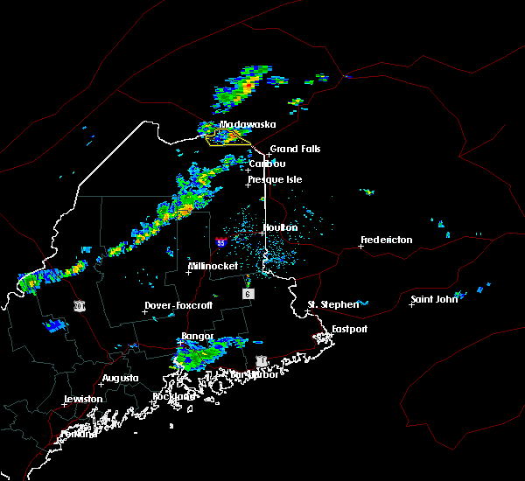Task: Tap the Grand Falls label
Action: click(295, 149)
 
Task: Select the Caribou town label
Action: click(267, 164)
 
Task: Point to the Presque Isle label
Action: click(278, 179)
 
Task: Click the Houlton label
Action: click(281, 227)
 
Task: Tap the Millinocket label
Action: click(213, 266)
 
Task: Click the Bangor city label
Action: click(197, 337)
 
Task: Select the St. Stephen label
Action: click(333, 304)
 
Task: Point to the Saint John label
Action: click(436, 300)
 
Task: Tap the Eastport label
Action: click(349, 329)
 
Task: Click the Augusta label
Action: click(120, 378)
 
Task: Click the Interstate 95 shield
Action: click(221, 242)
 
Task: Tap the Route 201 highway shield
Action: click(80, 305)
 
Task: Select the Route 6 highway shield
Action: click(248, 294)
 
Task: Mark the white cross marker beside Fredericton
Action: click(360, 246)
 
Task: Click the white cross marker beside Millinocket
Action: click(188, 272)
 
